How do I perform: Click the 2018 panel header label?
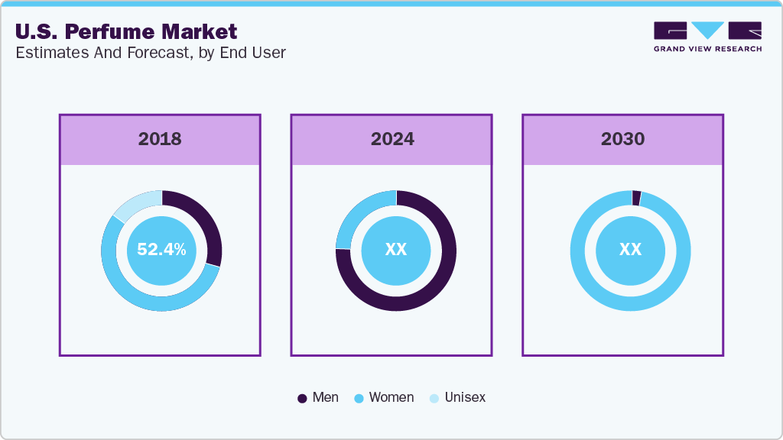click(160, 139)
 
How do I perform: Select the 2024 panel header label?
click(392, 139)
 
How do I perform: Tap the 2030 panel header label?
click(622, 139)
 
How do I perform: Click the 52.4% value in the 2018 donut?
click(161, 249)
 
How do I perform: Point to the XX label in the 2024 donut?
click(396, 250)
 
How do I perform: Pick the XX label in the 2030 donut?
click(630, 250)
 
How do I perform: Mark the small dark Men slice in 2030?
click(636, 198)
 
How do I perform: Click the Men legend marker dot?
click(302, 398)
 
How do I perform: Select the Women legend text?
click(391, 397)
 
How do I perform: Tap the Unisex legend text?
click(465, 397)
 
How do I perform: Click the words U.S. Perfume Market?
click(126, 32)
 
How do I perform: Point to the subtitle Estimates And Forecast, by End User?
click(150, 53)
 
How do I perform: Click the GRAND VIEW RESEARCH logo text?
click(707, 49)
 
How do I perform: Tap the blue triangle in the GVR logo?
click(708, 30)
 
